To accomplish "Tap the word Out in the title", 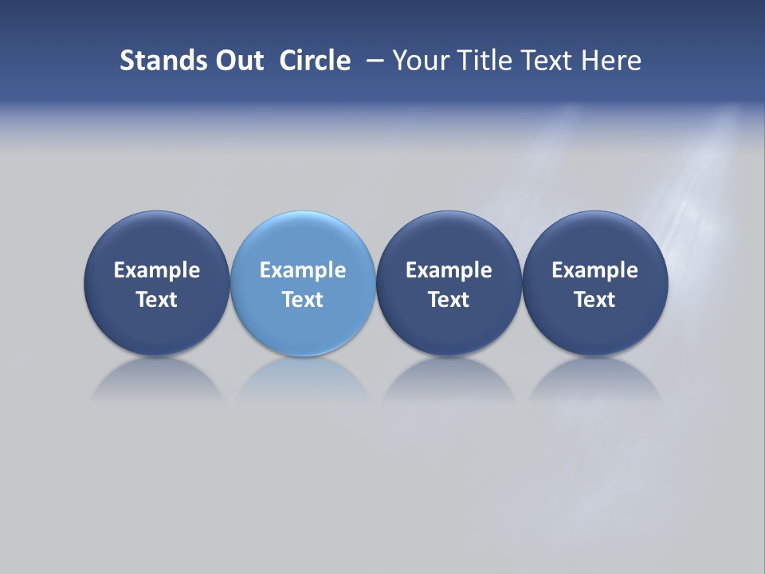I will pyautogui.click(x=238, y=61).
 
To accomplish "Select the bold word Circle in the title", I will pyautogui.click(x=315, y=61).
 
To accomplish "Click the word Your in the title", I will pyautogui.click(x=416, y=61).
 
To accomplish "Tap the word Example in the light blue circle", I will pyautogui.click(x=303, y=270).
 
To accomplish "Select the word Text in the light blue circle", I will pyautogui.click(x=303, y=300).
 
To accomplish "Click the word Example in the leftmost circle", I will pyautogui.click(x=157, y=270).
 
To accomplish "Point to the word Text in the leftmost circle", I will pyautogui.click(x=157, y=300).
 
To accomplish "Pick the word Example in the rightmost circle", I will pyautogui.click(x=594, y=270).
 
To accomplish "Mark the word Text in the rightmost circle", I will pyautogui.click(x=594, y=300).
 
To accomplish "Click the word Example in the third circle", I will pyautogui.click(x=449, y=270).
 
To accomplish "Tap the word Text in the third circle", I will pyautogui.click(x=449, y=300).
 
